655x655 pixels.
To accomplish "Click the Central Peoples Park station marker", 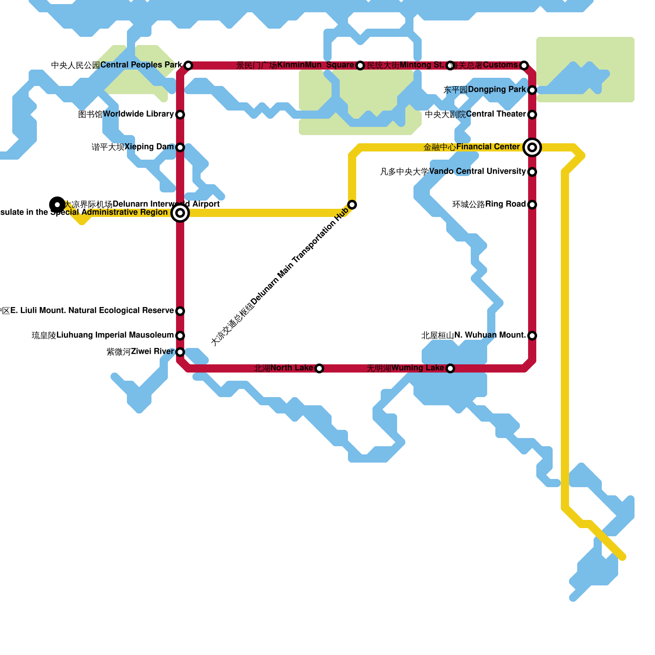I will point(188,65).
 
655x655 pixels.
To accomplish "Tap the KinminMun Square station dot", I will point(360,65).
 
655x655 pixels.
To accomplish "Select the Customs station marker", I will point(524,65).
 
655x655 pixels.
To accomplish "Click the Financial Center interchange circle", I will point(532,147).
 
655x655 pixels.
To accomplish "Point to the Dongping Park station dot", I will point(532,90).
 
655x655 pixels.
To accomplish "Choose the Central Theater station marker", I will point(532,115).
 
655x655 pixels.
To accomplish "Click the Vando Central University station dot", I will point(532,172).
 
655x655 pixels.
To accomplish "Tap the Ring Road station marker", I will point(532,205).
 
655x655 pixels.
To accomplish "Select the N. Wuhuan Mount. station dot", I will point(532,336).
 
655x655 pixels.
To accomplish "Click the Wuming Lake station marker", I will point(450,368).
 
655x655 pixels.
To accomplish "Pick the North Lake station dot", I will point(319,368).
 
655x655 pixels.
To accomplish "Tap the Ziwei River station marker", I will point(180,352).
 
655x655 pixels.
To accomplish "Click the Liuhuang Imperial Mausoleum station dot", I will point(180,336).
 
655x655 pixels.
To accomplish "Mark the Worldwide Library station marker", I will point(180,115).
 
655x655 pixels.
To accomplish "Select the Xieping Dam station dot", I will point(180,147).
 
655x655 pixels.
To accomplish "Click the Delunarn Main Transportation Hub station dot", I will point(352,205).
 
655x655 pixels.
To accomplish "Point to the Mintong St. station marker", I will point(450,65).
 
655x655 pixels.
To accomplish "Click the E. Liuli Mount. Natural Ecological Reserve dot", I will point(180,311).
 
